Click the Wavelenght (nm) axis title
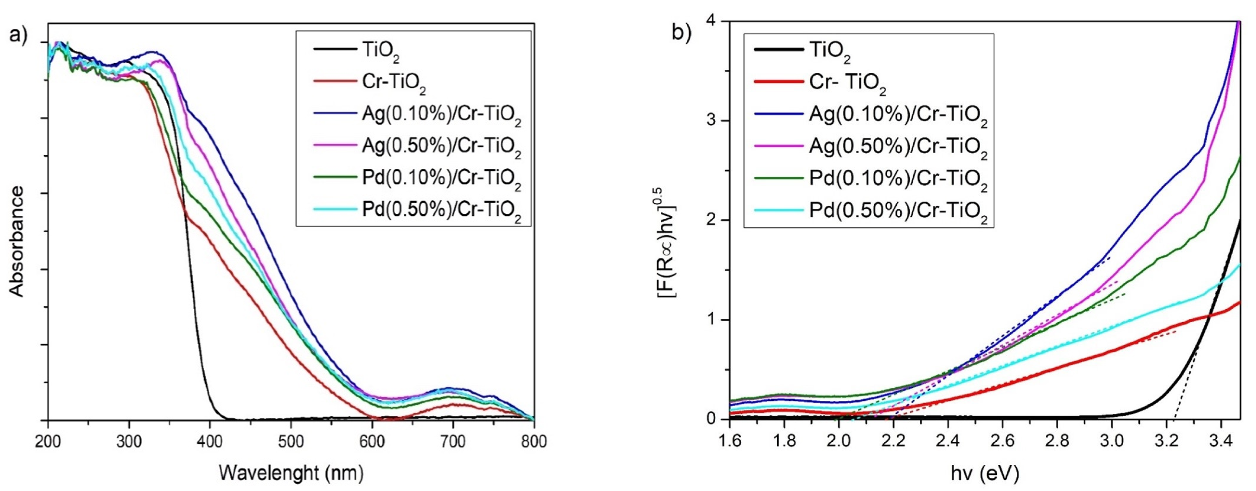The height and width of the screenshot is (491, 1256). tap(291, 472)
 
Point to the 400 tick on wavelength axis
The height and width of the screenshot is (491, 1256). tap(210, 442)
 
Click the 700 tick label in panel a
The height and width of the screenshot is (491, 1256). tap(453, 442)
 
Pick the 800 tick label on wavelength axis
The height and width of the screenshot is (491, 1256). tap(534, 442)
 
